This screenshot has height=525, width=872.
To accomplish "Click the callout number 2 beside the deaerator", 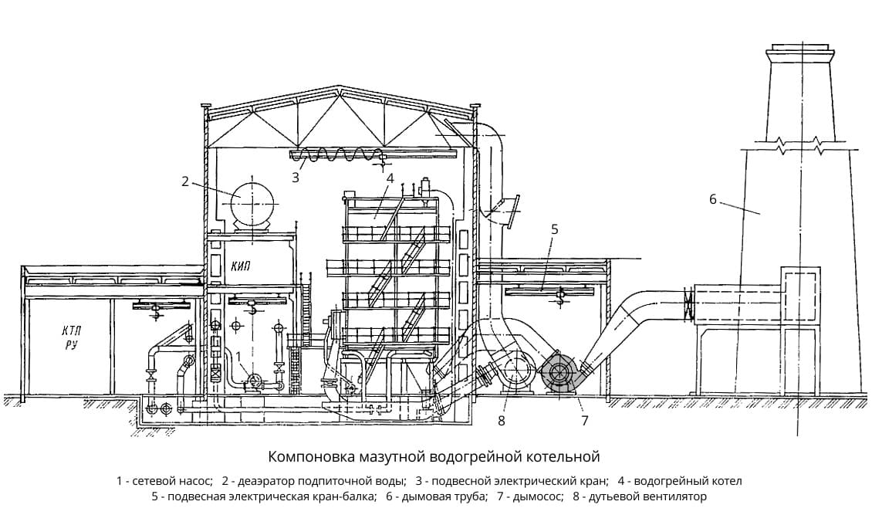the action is tap(185, 181).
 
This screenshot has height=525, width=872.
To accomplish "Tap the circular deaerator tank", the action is tap(252, 203).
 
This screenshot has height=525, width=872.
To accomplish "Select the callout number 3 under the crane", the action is tap(296, 178).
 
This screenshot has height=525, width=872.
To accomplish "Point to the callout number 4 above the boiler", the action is tap(390, 178).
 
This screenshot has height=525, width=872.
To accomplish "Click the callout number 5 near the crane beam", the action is tap(554, 229).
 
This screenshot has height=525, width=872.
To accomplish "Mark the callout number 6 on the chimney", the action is tap(713, 199).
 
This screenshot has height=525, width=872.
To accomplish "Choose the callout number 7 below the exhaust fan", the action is tap(584, 421).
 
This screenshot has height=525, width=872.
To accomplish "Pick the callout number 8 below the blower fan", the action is tap(502, 421).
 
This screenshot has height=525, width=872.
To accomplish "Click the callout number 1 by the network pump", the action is tap(238, 356).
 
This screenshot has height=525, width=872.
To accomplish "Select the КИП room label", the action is tap(240, 266).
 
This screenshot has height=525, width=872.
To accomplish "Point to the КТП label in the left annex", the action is tap(72, 332).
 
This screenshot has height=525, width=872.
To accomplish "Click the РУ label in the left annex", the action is tap(71, 346).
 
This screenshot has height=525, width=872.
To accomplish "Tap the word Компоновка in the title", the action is tap(308, 457).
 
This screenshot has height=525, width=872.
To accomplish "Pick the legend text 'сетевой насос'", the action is tap(172, 480).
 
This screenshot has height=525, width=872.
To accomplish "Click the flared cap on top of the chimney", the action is tap(800, 51).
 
